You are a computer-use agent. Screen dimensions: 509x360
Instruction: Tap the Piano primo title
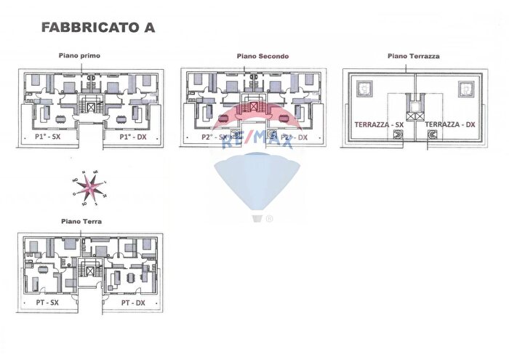click(x=80, y=55)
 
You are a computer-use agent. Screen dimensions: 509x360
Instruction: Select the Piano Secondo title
click(x=262, y=56)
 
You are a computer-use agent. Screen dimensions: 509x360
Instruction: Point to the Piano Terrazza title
click(x=413, y=55)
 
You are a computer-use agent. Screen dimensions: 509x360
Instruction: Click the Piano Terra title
click(x=81, y=220)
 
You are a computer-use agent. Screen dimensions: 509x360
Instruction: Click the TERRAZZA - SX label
click(x=379, y=124)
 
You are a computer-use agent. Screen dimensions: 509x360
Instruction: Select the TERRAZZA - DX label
click(x=450, y=124)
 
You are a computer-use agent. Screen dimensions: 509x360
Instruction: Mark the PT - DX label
click(x=133, y=302)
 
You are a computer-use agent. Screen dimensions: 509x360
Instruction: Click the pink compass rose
click(x=89, y=188)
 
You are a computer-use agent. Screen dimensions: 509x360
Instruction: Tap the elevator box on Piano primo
click(x=90, y=107)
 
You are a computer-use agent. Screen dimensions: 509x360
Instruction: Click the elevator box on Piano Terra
click(x=90, y=271)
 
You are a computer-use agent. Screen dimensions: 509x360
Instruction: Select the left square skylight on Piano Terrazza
click(x=363, y=90)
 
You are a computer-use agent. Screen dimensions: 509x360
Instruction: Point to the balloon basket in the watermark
click(x=256, y=218)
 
